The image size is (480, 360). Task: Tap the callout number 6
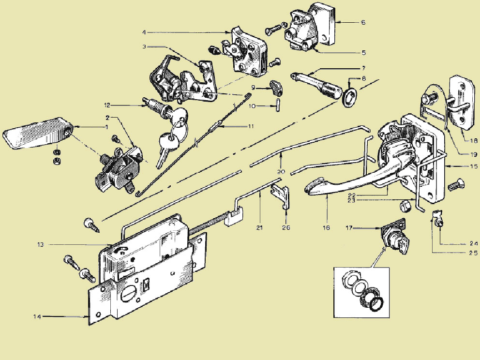click(363, 22)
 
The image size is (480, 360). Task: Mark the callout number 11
click(251, 126)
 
